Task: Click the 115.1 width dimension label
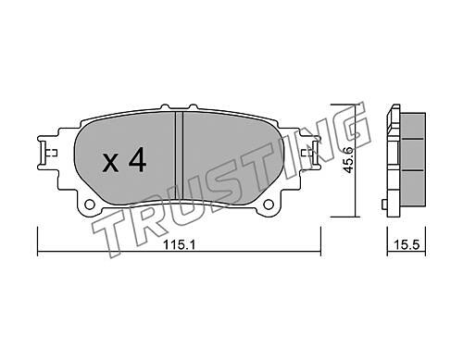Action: click(179, 245)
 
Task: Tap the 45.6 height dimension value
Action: click(349, 160)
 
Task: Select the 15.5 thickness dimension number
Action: click(407, 245)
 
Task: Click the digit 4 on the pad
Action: click(137, 159)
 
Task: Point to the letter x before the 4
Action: click(110, 163)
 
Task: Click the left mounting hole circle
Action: click(90, 205)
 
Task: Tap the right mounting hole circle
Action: click(269, 205)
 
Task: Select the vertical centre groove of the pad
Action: click(179, 155)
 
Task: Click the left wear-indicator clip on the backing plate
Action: click(46, 153)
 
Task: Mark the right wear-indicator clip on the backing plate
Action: click(312, 152)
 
